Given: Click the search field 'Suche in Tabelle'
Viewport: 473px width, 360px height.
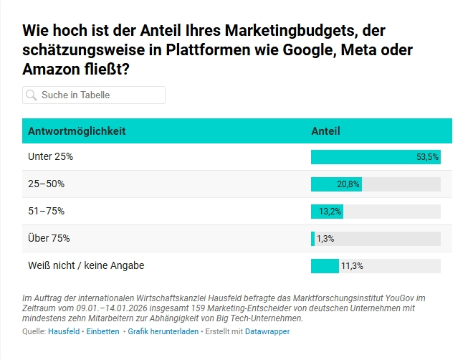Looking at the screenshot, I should (x=100, y=95).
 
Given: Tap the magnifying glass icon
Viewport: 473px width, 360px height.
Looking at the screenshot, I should (x=31, y=95).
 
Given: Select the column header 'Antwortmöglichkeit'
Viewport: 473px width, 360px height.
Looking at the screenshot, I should (x=77, y=131).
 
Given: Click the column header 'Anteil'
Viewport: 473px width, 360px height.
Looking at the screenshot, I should (x=325, y=131).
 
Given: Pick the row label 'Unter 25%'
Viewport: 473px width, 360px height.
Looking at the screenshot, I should (x=50, y=156).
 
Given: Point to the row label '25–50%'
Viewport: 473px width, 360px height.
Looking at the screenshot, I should (x=46, y=184).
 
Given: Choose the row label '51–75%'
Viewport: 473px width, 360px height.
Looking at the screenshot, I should (x=46, y=211).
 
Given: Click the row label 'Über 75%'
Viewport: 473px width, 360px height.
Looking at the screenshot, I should (x=49, y=238).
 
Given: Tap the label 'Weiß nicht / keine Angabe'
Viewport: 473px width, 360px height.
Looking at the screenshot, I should (x=86, y=265).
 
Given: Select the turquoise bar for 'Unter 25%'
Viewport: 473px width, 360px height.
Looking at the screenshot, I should (x=362, y=157).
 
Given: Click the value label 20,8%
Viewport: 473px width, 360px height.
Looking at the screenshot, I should (x=348, y=184).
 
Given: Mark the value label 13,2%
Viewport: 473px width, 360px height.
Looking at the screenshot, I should (x=330, y=212).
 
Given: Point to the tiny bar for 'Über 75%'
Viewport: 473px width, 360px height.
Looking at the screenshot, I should (x=312, y=239).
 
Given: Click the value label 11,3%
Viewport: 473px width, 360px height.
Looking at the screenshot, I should (x=352, y=266).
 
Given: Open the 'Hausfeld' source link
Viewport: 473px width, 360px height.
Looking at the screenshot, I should (x=64, y=332).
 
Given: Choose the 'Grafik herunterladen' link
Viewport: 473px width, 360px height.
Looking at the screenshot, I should (x=163, y=332).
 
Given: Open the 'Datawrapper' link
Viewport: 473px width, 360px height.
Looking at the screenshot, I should (x=267, y=332).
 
